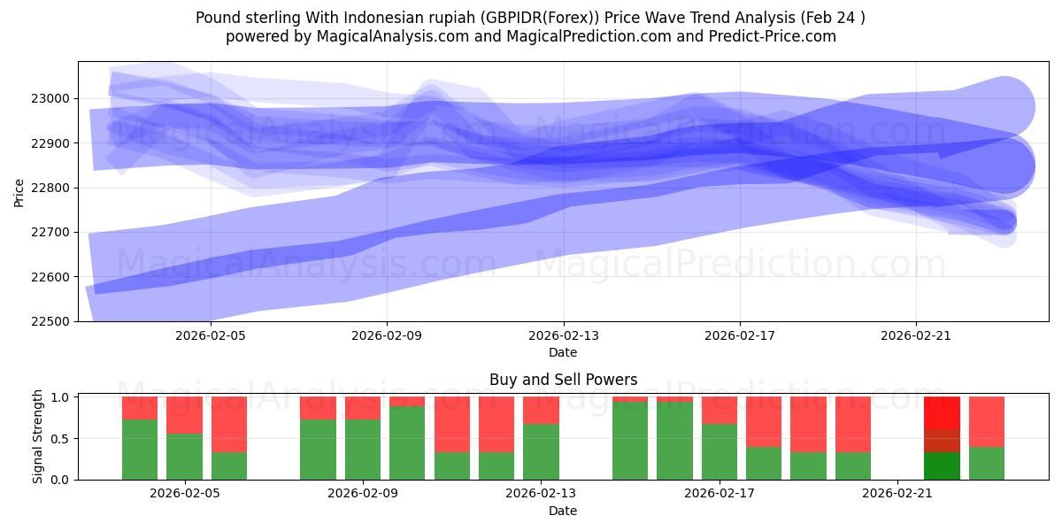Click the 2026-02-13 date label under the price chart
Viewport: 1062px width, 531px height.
pos(563,336)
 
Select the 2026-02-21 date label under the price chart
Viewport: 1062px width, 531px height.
pos(915,336)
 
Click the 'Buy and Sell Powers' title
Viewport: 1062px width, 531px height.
pos(563,381)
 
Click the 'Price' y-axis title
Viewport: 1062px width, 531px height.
pos(19,191)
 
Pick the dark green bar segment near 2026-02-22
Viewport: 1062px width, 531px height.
pos(942,466)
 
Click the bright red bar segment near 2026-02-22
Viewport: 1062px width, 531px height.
pos(942,412)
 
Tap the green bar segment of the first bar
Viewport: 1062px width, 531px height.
pos(140,450)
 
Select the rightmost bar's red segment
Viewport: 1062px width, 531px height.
pos(986,421)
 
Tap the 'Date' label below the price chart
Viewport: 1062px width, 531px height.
pos(563,352)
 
